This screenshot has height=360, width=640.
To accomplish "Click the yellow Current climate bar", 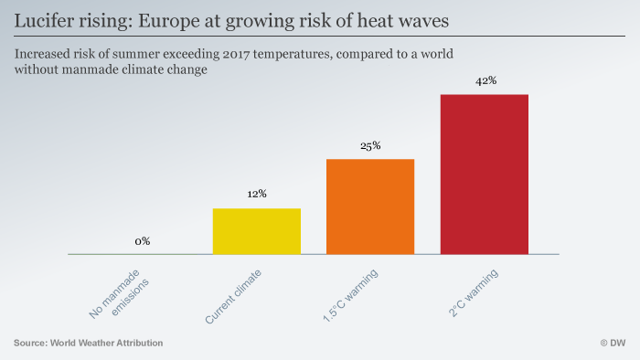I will pyautogui.click(x=256, y=231).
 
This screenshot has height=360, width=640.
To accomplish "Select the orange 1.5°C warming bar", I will pyautogui.click(x=370, y=206).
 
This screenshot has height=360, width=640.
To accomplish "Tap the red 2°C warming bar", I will pyautogui.click(x=484, y=174).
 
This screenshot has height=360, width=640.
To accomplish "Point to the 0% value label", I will pyautogui.click(x=143, y=241).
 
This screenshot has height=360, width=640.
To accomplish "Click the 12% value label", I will pyautogui.click(x=256, y=194).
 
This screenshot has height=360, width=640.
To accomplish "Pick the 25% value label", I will pyautogui.click(x=370, y=145).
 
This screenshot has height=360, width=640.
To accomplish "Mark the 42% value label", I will pyautogui.click(x=485, y=80).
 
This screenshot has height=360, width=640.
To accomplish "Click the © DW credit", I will pyautogui.click(x=612, y=343).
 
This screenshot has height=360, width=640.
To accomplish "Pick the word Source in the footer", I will pyautogui.click(x=31, y=343).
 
